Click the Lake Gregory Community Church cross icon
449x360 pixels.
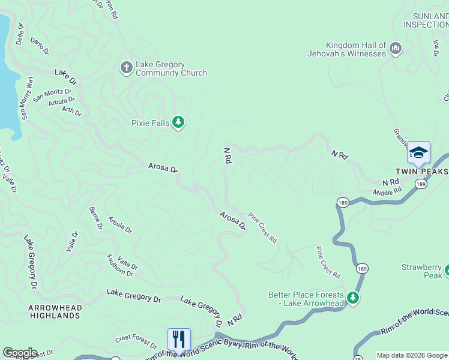coord(126,67)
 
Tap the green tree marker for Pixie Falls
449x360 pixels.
coord(178,122)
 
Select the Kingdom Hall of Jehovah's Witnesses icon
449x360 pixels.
coord(395,48)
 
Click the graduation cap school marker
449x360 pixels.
coord(418,152)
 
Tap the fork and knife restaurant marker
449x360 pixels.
coord(179,340)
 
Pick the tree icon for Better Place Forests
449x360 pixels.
coord(353,298)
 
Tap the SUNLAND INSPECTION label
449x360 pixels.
coord(426,20)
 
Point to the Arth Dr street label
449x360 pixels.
coord(71,111)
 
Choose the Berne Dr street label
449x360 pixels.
coord(95,218)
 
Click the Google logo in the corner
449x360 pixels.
coord(20,353)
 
